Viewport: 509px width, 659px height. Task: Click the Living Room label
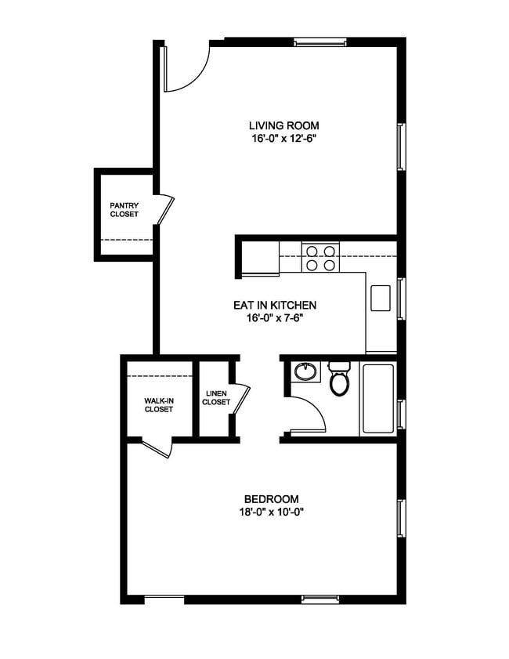pos(283,125)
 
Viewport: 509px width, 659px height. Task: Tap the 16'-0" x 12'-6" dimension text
pos(283,138)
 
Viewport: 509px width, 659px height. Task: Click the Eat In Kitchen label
pos(274,306)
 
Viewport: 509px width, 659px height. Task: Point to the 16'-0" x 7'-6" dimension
pos(274,318)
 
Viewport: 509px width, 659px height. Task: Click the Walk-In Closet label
pos(158,404)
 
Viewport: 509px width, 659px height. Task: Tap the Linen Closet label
pos(216,398)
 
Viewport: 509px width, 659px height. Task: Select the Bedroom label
pos(272,499)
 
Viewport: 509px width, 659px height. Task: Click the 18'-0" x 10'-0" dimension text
pos(272,512)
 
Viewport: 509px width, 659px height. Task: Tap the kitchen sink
pos(381,298)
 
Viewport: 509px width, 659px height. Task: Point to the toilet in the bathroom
pos(339,379)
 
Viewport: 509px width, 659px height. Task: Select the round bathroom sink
pos(305,371)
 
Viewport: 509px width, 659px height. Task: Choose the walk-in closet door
pos(156,448)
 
